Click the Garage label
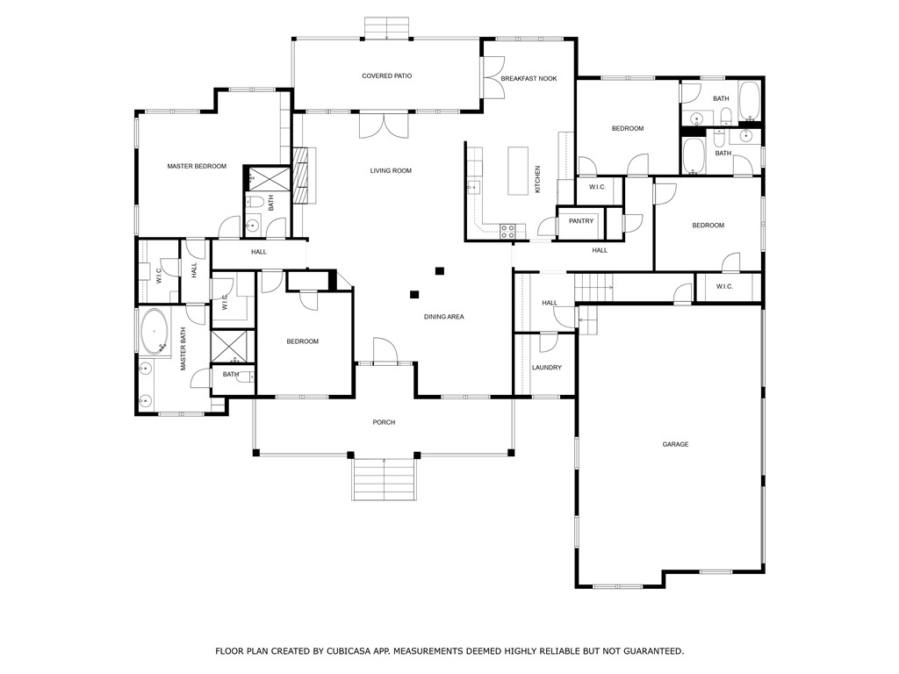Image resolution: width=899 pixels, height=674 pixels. click(675, 444)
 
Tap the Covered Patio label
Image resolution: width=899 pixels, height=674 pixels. click(387, 75)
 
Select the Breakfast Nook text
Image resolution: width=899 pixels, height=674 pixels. click(529, 78)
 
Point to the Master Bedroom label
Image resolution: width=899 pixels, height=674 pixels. click(197, 166)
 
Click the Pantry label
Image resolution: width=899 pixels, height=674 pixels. click(581, 221)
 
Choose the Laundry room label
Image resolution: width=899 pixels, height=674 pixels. click(547, 368)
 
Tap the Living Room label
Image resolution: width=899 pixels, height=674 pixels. click(391, 170)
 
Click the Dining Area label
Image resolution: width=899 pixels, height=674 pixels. click(443, 316)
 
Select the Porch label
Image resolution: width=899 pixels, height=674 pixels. click(385, 422)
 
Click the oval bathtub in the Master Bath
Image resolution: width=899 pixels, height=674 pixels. click(155, 331)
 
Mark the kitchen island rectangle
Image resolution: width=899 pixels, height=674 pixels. click(518, 171)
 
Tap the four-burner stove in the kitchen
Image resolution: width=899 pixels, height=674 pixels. click(507, 231)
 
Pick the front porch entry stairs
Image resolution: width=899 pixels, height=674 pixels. click(385, 479)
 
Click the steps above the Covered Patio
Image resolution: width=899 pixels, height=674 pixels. click(387, 28)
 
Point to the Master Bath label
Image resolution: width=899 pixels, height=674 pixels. click(183, 348)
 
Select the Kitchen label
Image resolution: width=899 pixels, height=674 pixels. click(538, 179)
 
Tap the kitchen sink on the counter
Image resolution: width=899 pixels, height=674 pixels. click(473, 187)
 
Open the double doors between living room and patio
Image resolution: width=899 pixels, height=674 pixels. click(384, 125)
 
